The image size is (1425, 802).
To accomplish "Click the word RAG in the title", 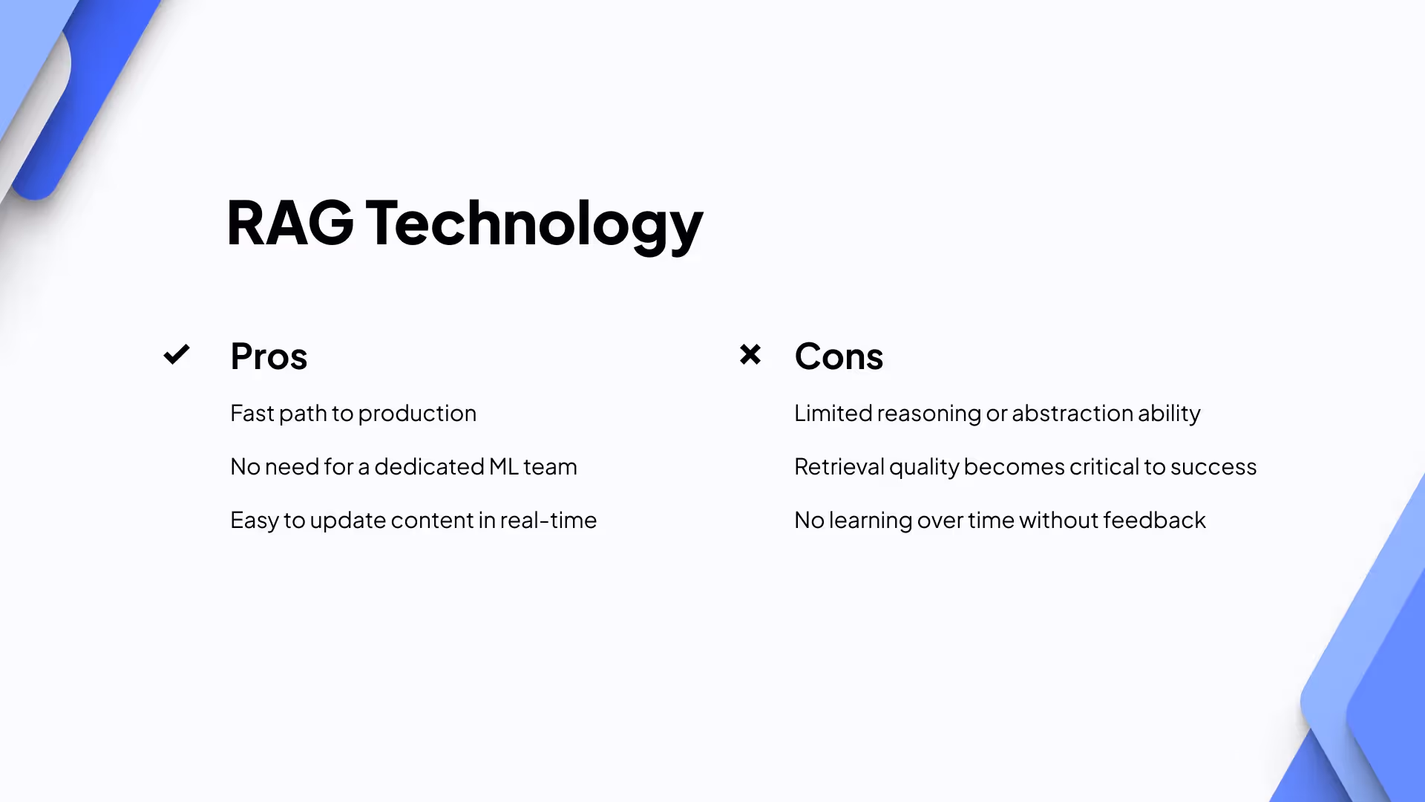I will click(289, 223).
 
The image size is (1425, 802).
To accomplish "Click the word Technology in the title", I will click(534, 224).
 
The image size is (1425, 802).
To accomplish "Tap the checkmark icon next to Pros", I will click(177, 355).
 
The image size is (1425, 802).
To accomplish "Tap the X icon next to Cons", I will click(750, 354).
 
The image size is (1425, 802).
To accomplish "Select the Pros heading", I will click(269, 356).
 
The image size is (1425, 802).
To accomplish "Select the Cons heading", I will click(839, 356).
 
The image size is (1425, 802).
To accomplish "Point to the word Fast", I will click(252, 414).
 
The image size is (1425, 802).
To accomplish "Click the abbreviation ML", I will click(504, 467).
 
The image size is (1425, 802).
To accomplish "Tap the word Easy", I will click(255, 521).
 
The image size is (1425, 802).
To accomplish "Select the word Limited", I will click(833, 414).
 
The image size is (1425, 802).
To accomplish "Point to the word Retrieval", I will click(839, 467).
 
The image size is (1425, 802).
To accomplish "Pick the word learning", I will click(870, 521).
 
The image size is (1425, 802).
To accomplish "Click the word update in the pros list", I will click(347, 521).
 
